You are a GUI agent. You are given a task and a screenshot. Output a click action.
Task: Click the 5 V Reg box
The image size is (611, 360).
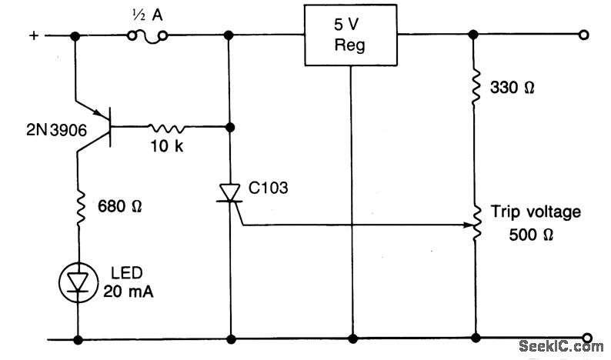[350, 35]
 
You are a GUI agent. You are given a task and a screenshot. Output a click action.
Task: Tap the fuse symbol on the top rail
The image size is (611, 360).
[147, 35]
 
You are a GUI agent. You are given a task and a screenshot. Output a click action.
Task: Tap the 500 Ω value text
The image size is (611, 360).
[530, 235]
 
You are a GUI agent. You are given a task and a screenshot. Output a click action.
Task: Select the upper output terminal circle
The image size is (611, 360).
[585, 35]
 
